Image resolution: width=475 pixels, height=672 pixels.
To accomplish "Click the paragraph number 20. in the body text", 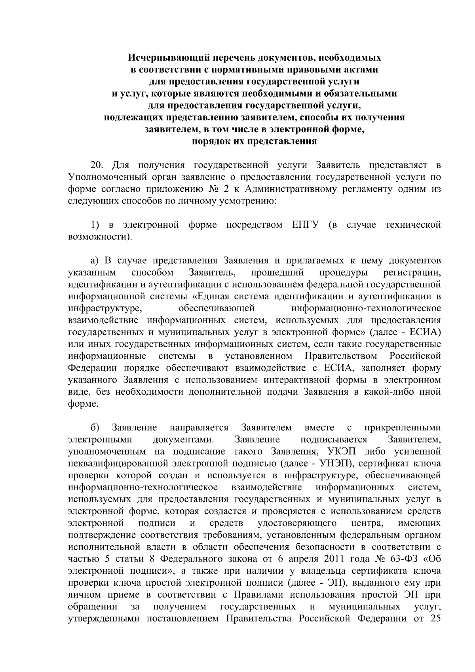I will [x=97, y=165].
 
